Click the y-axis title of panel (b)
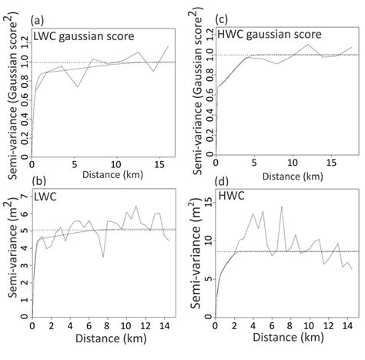pos(9,260)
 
